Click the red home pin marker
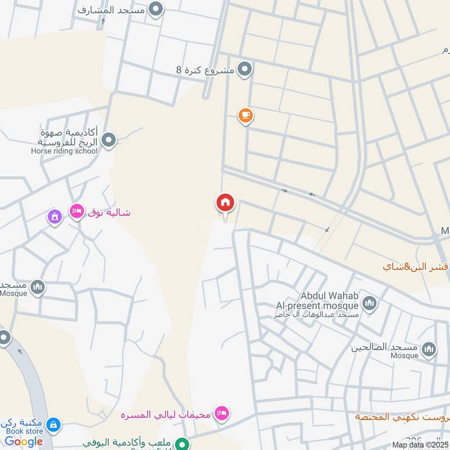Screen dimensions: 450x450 [226, 203]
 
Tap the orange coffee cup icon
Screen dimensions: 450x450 [245, 116]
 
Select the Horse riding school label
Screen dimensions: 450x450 [64, 151]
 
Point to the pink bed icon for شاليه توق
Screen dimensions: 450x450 [76, 211]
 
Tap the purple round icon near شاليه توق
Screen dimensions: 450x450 [55, 216]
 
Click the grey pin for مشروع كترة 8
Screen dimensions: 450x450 [245, 70]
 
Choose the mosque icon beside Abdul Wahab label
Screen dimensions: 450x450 [370, 304]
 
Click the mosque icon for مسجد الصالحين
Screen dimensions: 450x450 [429, 350]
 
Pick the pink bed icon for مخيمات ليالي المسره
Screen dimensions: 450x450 [222, 414]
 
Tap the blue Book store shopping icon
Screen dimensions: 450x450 [54, 424]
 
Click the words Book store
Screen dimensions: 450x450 [24, 431]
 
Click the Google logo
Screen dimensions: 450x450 [24, 442]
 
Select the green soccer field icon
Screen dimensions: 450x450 [181, 444]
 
